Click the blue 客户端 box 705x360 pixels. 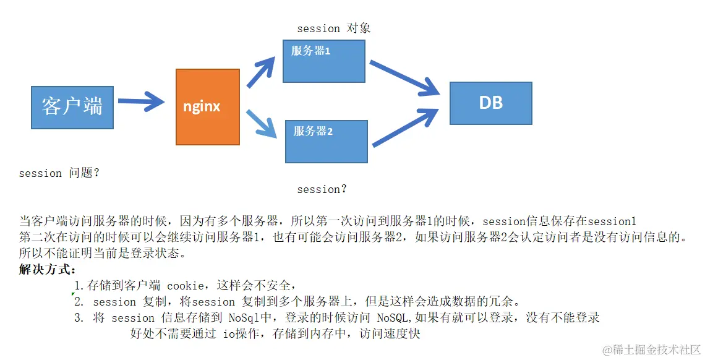click(x=72, y=108)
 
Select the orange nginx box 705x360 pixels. click(x=207, y=107)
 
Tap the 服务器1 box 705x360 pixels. click(x=323, y=61)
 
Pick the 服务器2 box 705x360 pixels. click(x=326, y=142)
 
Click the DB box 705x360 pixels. click(x=490, y=103)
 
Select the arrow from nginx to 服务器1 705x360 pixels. click(x=262, y=72)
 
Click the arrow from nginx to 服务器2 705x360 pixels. click(x=261, y=124)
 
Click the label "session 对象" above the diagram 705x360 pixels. click(x=333, y=28)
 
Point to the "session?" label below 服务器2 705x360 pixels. click(x=322, y=189)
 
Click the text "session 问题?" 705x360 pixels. click(x=59, y=173)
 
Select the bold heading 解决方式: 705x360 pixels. click(x=48, y=270)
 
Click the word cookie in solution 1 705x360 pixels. click(x=186, y=286)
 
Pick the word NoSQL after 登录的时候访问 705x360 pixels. click(x=395, y=318)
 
